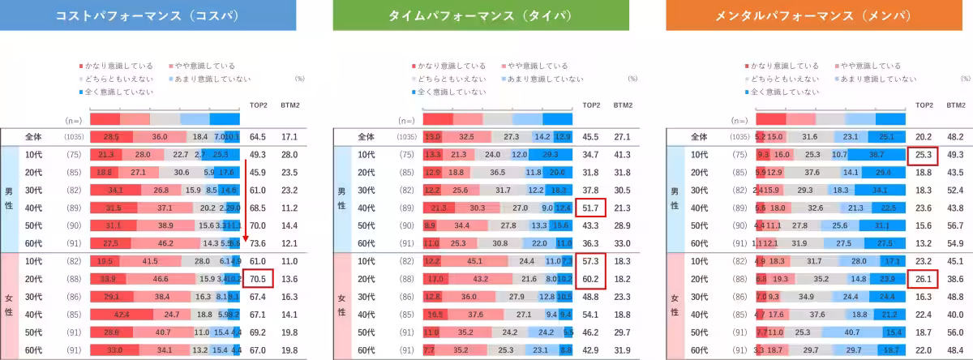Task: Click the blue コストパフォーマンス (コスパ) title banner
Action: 147,15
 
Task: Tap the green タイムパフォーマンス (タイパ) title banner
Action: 479,15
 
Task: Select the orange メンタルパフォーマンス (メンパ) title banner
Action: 812,15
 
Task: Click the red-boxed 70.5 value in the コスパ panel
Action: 258,278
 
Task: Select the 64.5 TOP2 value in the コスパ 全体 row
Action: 258,136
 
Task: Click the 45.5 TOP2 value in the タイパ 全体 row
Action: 591,136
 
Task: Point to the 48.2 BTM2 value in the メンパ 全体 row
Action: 956,136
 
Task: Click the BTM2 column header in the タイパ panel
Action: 623,105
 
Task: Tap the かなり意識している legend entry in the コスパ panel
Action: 109,66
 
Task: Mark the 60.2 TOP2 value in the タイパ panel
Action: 591,278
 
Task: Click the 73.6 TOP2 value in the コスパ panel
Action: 258,242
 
